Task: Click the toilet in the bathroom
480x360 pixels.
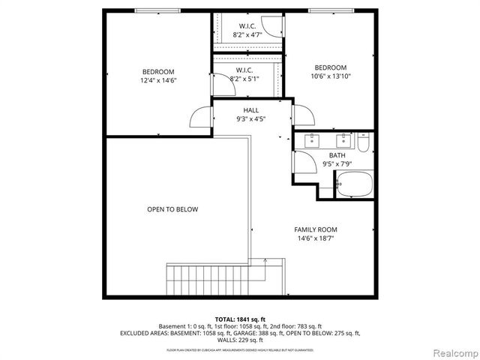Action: pyautogui.click(x=364, y=141)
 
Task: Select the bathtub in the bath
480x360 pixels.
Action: pyautogui.click(x=355, y=184)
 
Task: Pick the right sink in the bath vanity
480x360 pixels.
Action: pyautogui.click(x=344, y=139)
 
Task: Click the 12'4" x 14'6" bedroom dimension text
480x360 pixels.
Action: pyautogui.click(x=158, y=80)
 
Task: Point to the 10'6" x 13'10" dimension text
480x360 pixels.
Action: pyautogui.click(x=330, y=76)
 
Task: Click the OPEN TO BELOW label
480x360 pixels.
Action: pyautogui.click(x=172, y=209)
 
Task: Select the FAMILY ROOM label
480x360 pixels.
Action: pyautogui.click(x=315, y=229)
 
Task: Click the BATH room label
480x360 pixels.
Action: pyautogui.click(x=336, y=155)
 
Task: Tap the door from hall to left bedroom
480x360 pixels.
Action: pyautogui.click(x=202, y=118)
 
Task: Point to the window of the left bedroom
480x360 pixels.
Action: pyautogui.click(x=157, y=10)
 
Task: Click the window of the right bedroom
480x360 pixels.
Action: pyautogui.click(x=331, y=10)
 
